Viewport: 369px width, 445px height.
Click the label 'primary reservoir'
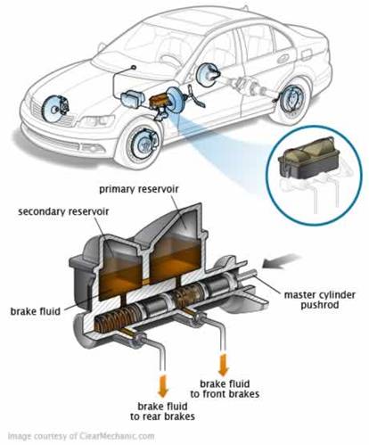click(x=138, y=189)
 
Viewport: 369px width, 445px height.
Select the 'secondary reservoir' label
click(x=63, y=211)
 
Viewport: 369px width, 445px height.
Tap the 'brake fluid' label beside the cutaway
click(x=36, y=311)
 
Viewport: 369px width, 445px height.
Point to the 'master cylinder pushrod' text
click(x=320, y=300)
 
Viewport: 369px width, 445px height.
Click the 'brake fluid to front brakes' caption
click(x=225, y=389)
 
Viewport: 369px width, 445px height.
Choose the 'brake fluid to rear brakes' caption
click(x=162, y=411)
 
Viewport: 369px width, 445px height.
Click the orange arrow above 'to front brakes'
click(x=223, y=364)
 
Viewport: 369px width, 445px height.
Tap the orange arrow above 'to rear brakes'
click(x=163, y=386)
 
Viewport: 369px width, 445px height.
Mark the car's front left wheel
click(x=142, y=144)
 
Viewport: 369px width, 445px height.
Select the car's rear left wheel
click(x=291, y=101)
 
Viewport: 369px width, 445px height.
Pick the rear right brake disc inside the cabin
click(x=206, y=75)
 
